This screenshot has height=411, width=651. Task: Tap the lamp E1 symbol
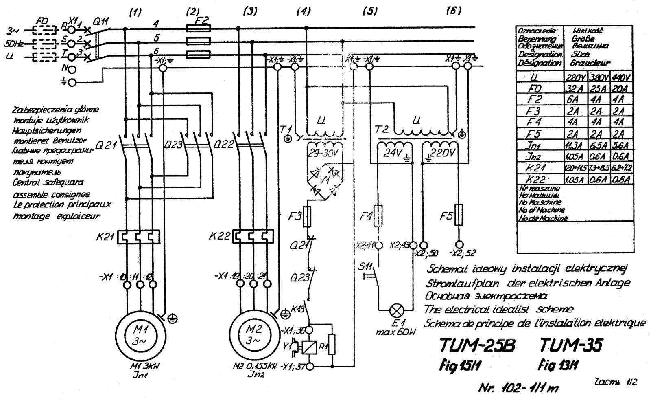pyautogui.click(x=395, y=310)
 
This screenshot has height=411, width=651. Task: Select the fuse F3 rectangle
pyautogui.click(x=308, y=216)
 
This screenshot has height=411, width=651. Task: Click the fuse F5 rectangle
pyautogui.click(x=458, y=215)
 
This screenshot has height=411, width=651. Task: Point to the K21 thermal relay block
pyautogui.click(x=138, y=237)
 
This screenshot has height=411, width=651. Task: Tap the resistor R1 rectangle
pyautogui.click(x=332, y=345)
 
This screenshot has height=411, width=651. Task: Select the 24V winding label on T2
pyautogui.click(x=393, y=153)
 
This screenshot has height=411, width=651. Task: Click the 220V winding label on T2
pyautogui.click(x=442, y=153)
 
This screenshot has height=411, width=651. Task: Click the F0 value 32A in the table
pyautogui.click(x=574, y=88)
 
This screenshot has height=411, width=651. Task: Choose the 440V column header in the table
pyautogui.click(x=621, y=77)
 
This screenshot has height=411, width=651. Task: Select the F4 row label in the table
pyautogui.click(x=534, y=122)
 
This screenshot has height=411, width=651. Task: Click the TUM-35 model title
pyautogui.click(x=571, y=345)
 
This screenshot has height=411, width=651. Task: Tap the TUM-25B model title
pyautogui.click(x=477, y=346)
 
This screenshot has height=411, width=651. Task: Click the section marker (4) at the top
pyautogui.click(x=304, y=11)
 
